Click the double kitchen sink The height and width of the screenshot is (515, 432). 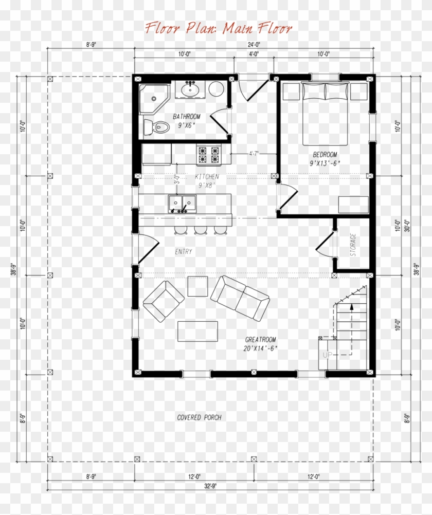pos(182,204)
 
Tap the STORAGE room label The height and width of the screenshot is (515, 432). pos(353,245)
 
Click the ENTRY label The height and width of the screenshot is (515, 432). pos(183,252)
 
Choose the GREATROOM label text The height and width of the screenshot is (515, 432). pos(260,340)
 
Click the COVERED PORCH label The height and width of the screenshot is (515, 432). pos(199,417)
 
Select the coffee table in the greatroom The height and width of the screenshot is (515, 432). pos(197,331)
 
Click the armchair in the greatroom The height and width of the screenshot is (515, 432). pos(163,301)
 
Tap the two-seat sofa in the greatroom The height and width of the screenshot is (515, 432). pos(240,297)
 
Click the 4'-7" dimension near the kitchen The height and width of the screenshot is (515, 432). pos(254,153)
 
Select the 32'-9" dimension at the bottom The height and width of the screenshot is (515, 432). pos(209,485)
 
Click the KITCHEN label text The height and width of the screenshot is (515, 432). pos(207,177)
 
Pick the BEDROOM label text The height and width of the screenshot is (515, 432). pos(325,155)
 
